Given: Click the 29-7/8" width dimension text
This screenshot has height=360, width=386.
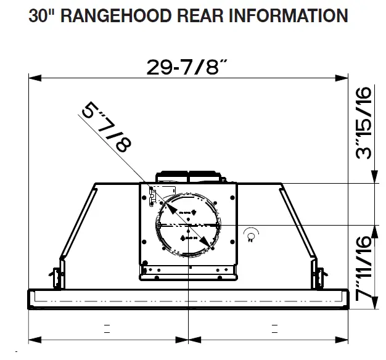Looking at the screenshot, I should (187, 67).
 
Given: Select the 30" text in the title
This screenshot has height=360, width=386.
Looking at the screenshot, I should (41, 15).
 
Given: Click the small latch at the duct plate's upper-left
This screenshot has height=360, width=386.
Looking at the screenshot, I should (152, 195).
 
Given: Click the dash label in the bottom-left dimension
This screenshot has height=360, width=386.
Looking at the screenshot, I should (107, 327).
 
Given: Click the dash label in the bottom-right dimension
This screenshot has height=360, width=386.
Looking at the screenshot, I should (271, 327).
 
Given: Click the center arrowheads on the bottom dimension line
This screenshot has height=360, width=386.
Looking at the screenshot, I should (187, 338).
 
